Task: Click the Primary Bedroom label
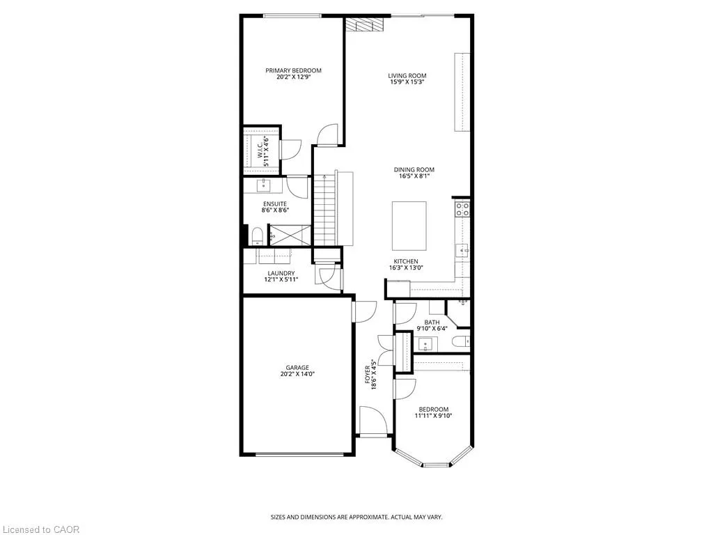point(293,70)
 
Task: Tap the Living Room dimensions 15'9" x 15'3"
point(407,82)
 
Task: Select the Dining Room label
point(414,170)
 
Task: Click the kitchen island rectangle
point(409,226)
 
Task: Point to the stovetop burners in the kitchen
point(463,209)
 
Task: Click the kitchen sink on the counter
point(462,250)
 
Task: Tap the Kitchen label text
point(406,261)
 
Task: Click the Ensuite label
point(275,204)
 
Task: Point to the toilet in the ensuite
point(257,235)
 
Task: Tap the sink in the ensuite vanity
point(264,185)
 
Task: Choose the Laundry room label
point(281,273)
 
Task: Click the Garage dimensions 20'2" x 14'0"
point(298,374)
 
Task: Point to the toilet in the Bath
point(461,341)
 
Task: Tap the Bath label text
point(432,322)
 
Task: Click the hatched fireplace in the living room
point(361,24)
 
